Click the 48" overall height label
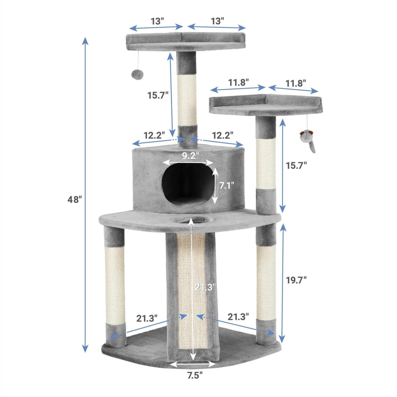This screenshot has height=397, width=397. (x=74, y=199)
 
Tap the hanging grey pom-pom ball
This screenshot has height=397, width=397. (x=137, y=74)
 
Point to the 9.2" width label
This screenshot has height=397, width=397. (x=188, y=156)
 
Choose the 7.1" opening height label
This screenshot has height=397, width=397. (x=227, y=185)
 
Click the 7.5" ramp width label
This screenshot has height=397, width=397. (x=195, y=375)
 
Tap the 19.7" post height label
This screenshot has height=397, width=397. (x=296, y=280)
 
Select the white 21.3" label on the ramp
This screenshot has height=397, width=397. (x=205, y=287)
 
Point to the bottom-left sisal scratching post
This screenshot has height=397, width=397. (x=115, y=285)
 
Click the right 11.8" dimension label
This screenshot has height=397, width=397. (x=295, y=83)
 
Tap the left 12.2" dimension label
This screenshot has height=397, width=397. (x=154, y=135)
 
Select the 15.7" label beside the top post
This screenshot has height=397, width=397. (x=158, y=95)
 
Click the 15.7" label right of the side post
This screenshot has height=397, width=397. (x=296, y=165)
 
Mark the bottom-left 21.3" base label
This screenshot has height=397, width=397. (x=147, y=318)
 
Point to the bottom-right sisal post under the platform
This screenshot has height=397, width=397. (x=266, y=282)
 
